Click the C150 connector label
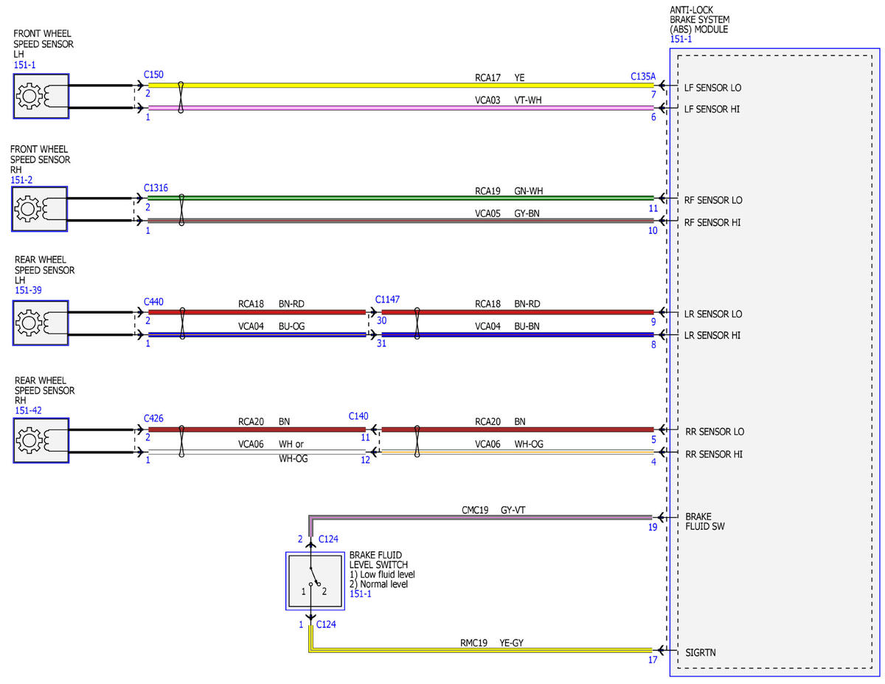pyautogui.click(x=153, y=75)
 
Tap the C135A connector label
pyautogui.click(x=643, y=77)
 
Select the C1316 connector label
pyautogui.click(x=156, y=188)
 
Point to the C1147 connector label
pyautogui.click(x=387, y=300)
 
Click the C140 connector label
pyautogui.click(x=358, y=416)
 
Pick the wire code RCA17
pyautogui.click(x=487, y=77)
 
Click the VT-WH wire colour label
pyautogui.click(x=528, y=100)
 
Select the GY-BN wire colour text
pyautogui.click(x=527, y=213)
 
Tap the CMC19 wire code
pyautogui.click(x=475, y=510)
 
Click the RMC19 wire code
pyautogui.click(x=473, y=643)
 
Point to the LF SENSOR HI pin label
pyautogui.click(x=712, y=109)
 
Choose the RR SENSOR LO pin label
pyautogui.click(x=715, y=432)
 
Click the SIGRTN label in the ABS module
pyautogui.click(x=701, y=652)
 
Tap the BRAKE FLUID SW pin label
pyautogui.click(x=705, y=522)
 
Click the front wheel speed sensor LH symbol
pyautogui.click(x=41, y=96)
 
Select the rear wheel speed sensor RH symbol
pyautogui.click(x=41, y=441)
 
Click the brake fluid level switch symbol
pyautogui.click(x=315, y=581)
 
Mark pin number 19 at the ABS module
pyautogui.click(x=653, y=528)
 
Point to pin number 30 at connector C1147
pyautogui.click(x=381, y=321)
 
